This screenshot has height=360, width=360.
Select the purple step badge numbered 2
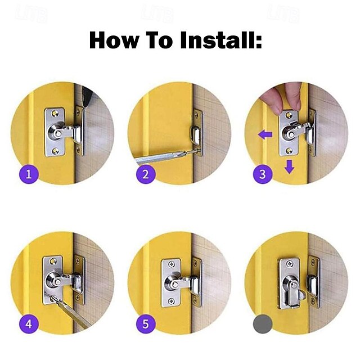[146, 174]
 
